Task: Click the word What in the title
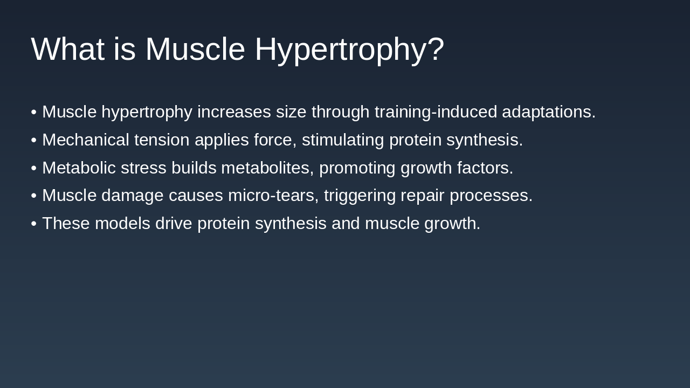pos(67,49)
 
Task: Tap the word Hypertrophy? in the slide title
pos(349,49)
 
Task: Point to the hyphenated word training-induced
pos(436,112)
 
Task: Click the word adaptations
pos(548,112)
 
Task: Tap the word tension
pos(162,140)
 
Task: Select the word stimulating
pos(343,140)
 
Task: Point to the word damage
pos(132,196)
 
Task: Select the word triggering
pos(360,196)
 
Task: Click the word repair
pos(422,196)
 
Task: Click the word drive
pos(174,224)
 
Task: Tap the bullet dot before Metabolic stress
pos(34,169)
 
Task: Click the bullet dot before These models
pos(34,224)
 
